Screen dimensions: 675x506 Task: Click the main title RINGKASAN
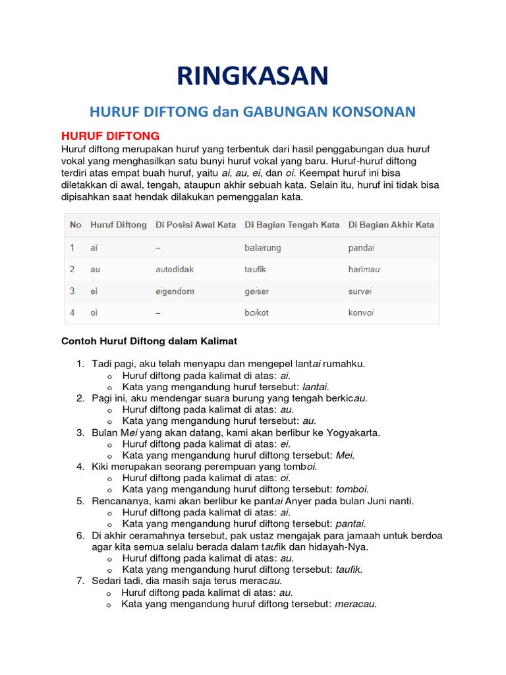coord(252,76)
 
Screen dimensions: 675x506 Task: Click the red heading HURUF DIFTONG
coord(110,136)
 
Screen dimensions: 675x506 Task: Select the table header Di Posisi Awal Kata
coord(196,225)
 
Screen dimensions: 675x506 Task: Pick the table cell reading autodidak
coord(175,270)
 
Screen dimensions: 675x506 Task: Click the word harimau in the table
coord(365,270)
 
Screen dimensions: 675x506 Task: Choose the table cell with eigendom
coord(175,291)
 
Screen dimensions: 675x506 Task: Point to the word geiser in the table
coord(256,291)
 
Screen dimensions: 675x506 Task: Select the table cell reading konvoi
coord(361,312)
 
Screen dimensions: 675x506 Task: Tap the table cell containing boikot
coord(256,312)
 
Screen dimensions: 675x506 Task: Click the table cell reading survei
coord(360,291)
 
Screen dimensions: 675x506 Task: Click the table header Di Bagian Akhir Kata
coord(391,225)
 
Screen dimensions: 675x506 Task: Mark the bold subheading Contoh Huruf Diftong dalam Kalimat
coord(149,341)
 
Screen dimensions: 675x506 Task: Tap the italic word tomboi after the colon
coord(352,489)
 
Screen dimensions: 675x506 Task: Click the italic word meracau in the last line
coord(356,604)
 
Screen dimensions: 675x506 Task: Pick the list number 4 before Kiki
coord(79,467)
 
